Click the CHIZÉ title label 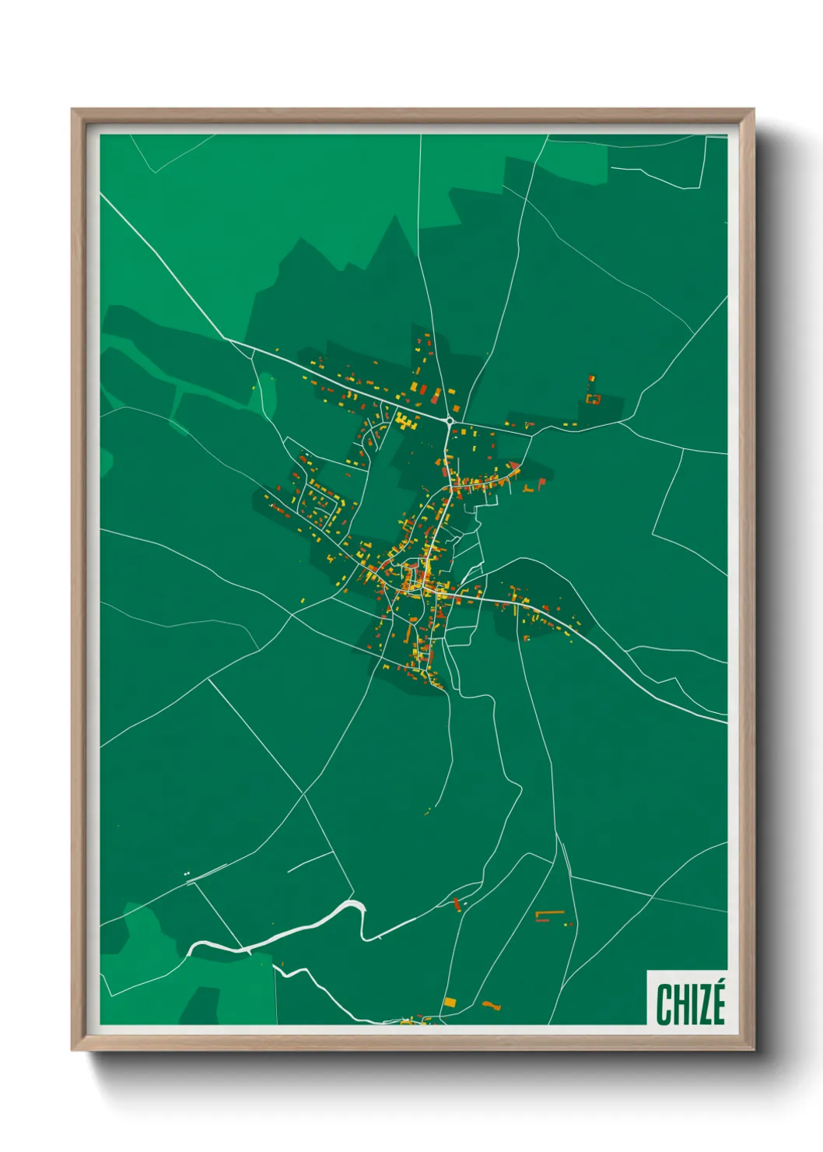coord(690,1003)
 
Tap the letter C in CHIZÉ coord(664,1004)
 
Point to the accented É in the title coord(716,1003)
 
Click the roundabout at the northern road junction coord(450,421)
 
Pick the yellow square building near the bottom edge coord(450,1002)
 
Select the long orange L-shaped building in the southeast coord(549,913)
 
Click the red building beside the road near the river coord(457,904)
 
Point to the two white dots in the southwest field coord(187,874)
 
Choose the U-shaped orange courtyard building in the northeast coord(594,399)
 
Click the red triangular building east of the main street coord(514,465)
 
